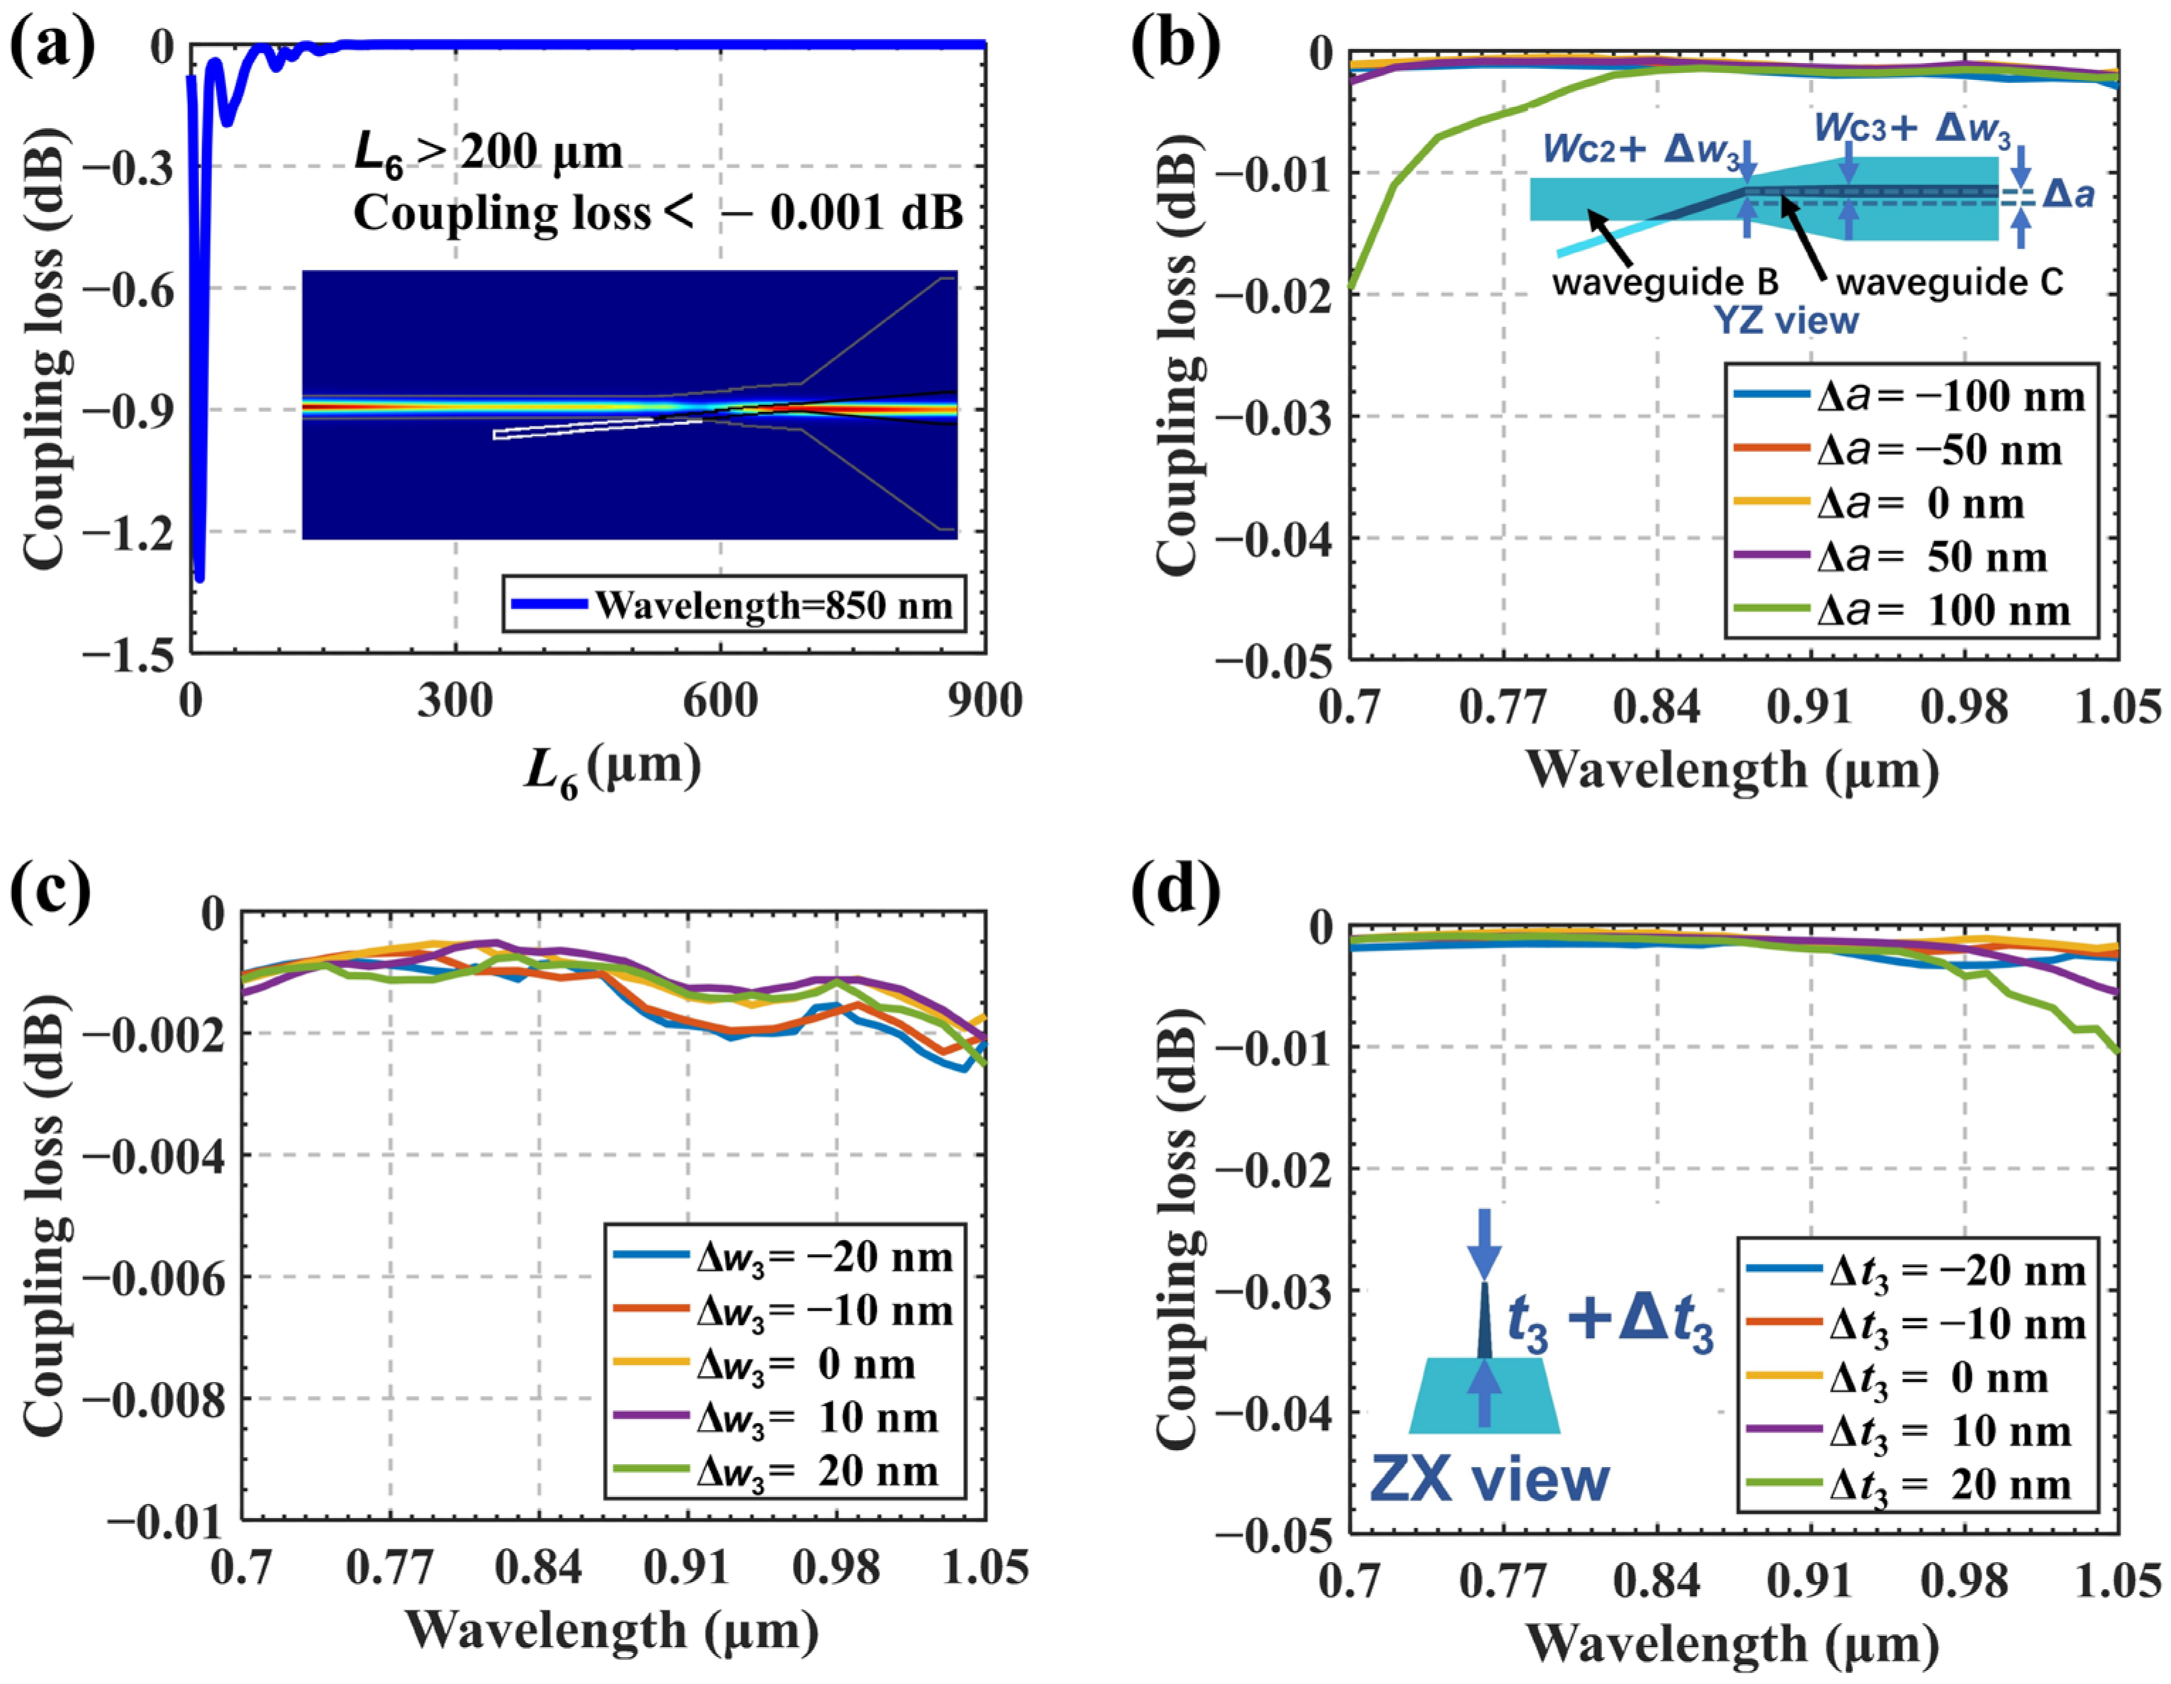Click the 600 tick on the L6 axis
pos(720,702)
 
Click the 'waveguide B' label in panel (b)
pos(1665,282)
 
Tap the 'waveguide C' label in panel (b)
pos(1949,282)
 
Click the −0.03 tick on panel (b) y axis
pos(1277,416)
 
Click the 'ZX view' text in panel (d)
pos(1489,1478)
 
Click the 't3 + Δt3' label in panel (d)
pos(1611,1324)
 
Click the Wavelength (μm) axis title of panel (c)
pos(612,1630)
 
